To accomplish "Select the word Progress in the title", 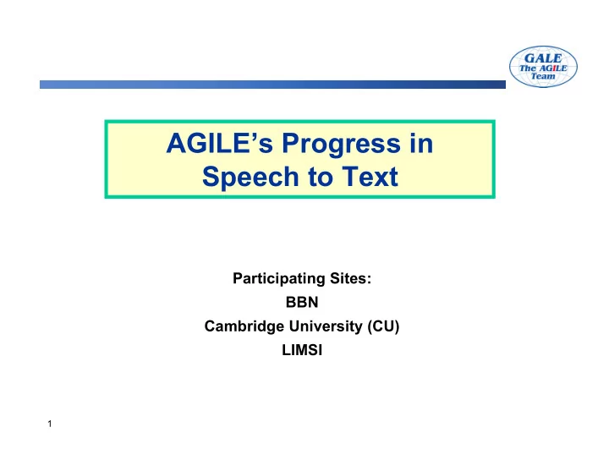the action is click(341, 145).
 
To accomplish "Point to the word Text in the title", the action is click(370, 177).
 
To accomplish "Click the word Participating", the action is click(279, 279).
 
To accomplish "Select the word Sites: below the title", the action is click(351, 278).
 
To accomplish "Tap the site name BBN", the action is click(302, 302).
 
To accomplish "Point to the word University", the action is click(326, 326).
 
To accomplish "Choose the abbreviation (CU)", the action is click(383, 326).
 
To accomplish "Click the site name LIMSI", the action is click(302, 350).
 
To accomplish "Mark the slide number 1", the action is click(50, 424).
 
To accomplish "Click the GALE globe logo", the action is click(543, 67).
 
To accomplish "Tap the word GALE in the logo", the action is click(543, 58).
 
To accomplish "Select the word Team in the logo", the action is click(543, 76).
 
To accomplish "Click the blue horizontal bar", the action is click(272, 85).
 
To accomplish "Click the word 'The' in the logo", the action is click(528, 68).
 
